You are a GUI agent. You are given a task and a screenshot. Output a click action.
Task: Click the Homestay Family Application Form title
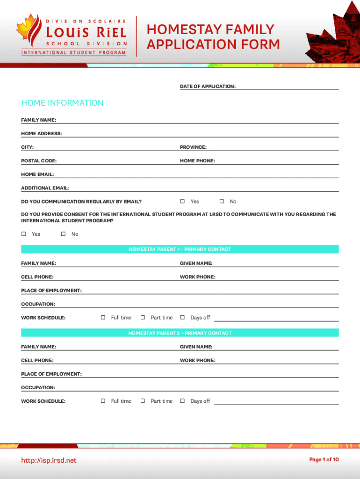tap(213, 37)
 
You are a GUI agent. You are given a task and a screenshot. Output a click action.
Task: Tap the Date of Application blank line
tap(288, 87)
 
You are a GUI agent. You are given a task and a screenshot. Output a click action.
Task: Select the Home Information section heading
tap(62, 103)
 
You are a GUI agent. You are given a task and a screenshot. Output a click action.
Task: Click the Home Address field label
tap(41, 134)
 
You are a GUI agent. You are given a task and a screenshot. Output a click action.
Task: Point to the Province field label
tap(193, 147)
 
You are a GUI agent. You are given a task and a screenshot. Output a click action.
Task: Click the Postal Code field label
tap(39, 161)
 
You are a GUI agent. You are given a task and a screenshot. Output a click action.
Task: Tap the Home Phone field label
tap(197, 161)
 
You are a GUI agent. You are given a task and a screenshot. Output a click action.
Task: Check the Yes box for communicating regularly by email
tap(182, 202)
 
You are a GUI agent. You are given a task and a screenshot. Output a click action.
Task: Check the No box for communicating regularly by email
tap(222, 202)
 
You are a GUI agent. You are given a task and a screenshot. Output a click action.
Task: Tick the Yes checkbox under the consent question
tap(23, 234)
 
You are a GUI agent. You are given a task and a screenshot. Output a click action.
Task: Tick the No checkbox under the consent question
tap(63, 234)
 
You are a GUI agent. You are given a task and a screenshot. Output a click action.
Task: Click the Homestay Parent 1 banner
tap(180, 249)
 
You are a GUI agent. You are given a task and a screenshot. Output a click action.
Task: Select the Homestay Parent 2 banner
tap(180, 333)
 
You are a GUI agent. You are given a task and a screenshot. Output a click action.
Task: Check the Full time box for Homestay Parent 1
tap(103, 318)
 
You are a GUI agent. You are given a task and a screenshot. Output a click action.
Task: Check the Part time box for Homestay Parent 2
tap(143, 401)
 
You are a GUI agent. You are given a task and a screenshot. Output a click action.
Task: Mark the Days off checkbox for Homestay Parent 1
tap(182, 318)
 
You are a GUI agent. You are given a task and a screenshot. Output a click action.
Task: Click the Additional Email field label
tap(45, 188)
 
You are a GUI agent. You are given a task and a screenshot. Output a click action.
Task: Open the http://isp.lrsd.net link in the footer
tap(49, 461)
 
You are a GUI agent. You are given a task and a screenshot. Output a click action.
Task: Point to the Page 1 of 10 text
tap(324, 460)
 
